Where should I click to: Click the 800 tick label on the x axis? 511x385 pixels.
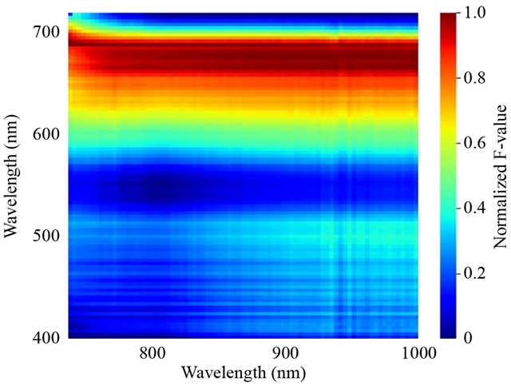[x=151, y=353]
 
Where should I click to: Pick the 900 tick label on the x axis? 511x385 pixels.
[x=285, y=353]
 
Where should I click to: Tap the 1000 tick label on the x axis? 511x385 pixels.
[x=415, y=353]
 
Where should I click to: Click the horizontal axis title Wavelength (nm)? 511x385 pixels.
[x=243, y=372]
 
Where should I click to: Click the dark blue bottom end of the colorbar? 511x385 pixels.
[x=449, y=334]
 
